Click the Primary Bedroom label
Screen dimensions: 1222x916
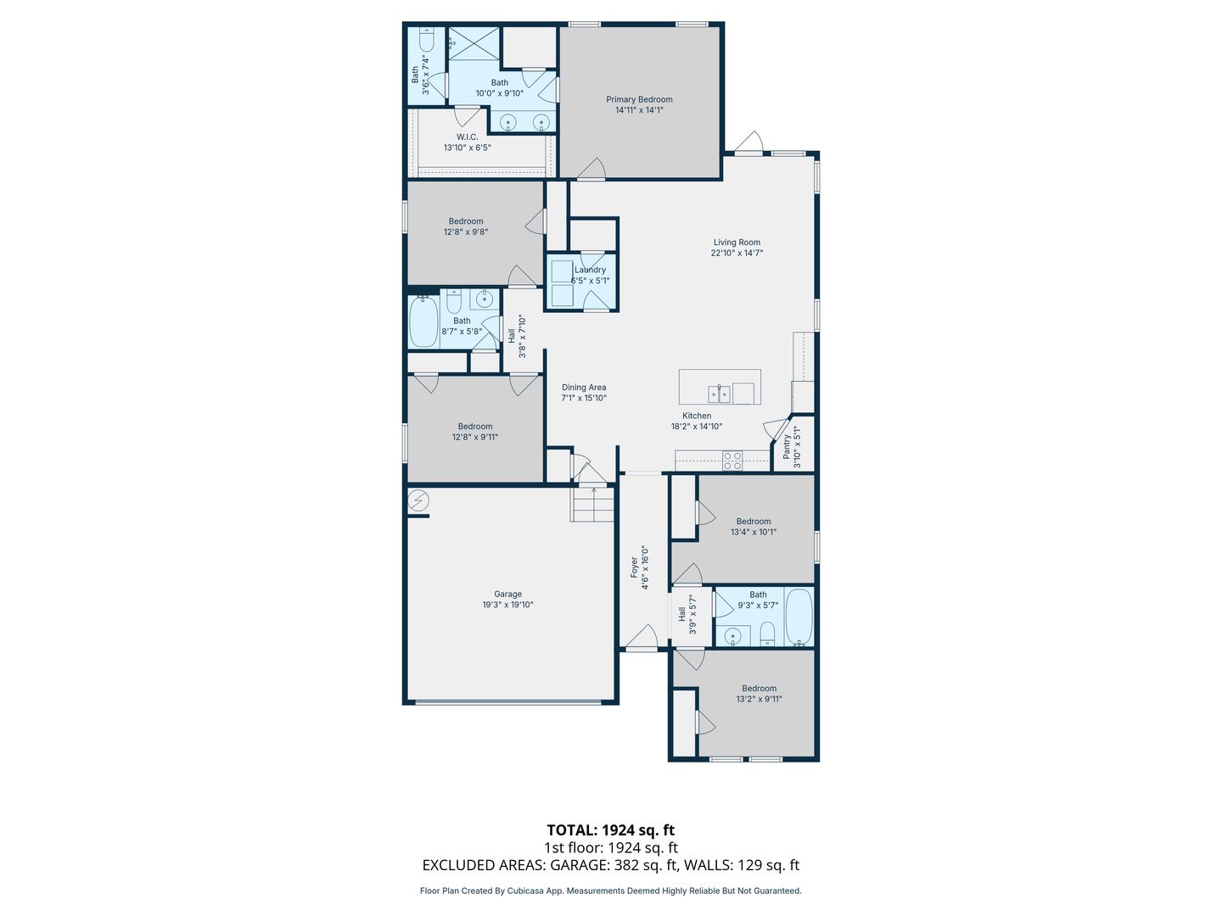click(x=639, y=99)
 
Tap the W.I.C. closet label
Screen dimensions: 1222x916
click(x=467, y=137)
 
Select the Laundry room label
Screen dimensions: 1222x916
click(x=590, y=270)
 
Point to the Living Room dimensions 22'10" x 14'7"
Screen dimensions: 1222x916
click(x=737, y=253)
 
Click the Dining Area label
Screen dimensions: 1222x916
click(x=584, y=387)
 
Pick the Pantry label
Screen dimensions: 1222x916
click(x=787, y=447)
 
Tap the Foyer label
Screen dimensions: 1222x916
click(x=634, y=567)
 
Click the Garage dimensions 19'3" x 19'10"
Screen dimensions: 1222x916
click(x=507, y=605)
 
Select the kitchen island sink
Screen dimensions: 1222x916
click(x=720, y=394)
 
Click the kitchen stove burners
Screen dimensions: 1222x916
click(x=732, y=461)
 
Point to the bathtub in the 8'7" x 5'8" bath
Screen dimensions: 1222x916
click(x=423, y=322)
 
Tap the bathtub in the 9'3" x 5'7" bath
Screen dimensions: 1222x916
click(x=799, y=617)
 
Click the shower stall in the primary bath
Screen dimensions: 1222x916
click(x=474, y=44)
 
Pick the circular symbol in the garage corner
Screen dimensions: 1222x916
click(x=418, y=501)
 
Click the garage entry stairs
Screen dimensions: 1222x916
click(x=591, y=505)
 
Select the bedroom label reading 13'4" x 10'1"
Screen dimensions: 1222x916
click(x=754, y=526)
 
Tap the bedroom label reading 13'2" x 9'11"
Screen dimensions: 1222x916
click(x=759, y=694)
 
